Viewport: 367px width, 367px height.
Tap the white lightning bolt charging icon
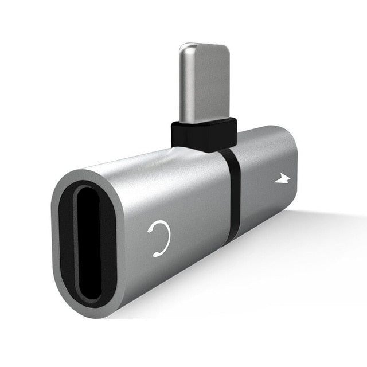click(282, 179)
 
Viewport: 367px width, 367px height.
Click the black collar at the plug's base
click(204, 135)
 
